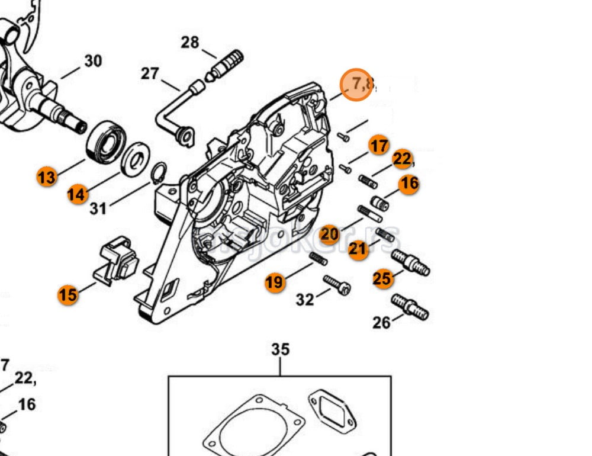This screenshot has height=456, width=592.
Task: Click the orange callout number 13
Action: pos(47,176)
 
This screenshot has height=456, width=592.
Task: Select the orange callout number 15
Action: pos(68,294)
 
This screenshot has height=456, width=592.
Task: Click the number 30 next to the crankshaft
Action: pos(92,61)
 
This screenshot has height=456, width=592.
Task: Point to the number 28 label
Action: pos(190,43)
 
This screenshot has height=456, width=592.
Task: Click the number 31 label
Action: pos(98,208)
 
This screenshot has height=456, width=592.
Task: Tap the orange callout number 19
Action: pos(274,282)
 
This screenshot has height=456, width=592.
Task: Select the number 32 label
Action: pos(305,300)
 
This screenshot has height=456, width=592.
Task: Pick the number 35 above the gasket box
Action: pos(280,349)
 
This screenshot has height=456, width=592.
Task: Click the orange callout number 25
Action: pos(382,278)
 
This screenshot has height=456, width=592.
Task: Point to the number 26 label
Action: pos(382,322)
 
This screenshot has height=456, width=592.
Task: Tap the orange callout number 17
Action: pos(379,145)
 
